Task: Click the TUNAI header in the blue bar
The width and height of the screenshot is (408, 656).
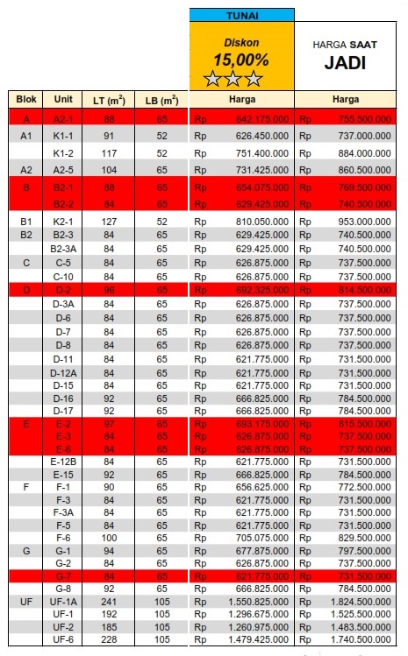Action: [241, 15]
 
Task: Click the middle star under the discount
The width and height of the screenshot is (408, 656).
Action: [233, 80]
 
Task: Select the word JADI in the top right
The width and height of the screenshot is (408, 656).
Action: [345, 62]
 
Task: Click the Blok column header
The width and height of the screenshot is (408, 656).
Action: [25, 99]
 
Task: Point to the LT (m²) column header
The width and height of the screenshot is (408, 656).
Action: [109, 100]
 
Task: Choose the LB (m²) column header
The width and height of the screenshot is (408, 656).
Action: [161, 100]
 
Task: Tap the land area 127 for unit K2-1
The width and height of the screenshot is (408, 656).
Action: [109, 222]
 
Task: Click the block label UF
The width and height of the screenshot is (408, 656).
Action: [25, 603]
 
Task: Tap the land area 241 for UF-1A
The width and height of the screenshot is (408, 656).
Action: [109, 603]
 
